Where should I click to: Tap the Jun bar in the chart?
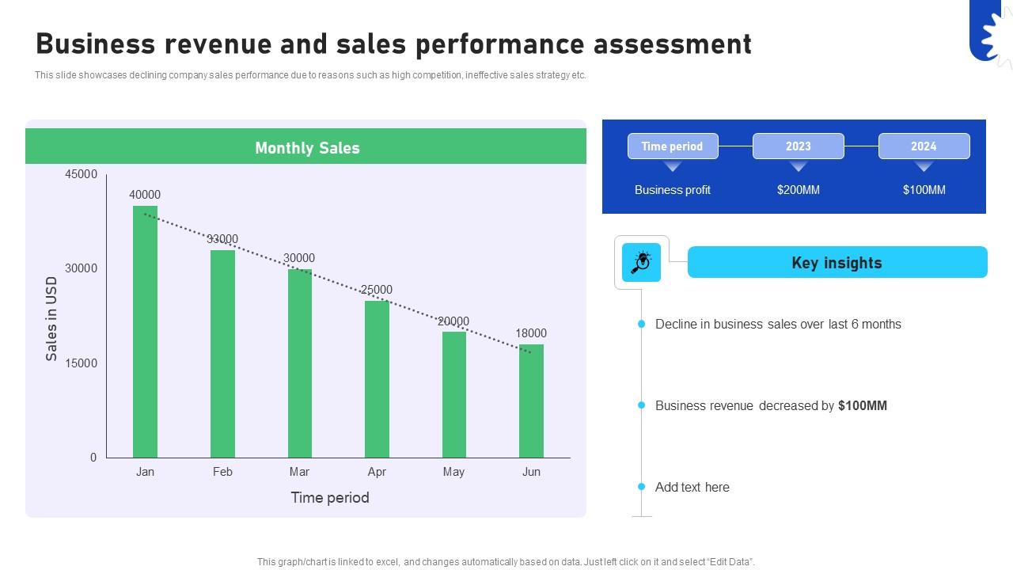pos(531,401)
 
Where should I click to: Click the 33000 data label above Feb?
pos(222,239)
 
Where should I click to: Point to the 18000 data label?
pos(531,333)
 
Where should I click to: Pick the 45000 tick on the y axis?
pos(82,174)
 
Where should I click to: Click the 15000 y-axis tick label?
pos(82,363)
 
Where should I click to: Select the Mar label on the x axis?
pos(299,472)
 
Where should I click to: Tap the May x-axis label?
pos(453,472)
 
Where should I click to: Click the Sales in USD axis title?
pos(52,318)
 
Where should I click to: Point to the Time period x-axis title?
pos(330,497)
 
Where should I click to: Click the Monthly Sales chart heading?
pos(307,148)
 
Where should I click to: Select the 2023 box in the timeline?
pos(798,146)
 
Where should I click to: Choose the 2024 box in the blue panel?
pos(924,146)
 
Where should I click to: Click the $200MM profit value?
pos(798,190)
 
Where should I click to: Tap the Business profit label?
pos(673,190)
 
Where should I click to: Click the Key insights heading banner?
pos(837,263)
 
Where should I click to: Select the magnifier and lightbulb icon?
pos(641,263)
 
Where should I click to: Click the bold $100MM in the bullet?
pos(863,405)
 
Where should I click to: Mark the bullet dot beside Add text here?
pos(642,487)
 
